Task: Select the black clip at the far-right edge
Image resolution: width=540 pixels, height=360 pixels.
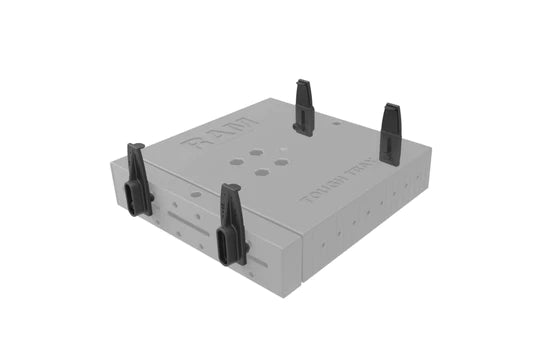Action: point(391,134)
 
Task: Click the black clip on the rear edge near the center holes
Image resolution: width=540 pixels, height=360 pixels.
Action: point(305,108)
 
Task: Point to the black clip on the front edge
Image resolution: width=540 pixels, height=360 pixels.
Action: point(233,225)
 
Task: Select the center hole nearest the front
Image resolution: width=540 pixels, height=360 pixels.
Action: point(262,172)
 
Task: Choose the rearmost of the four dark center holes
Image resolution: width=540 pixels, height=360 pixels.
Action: point(258,152)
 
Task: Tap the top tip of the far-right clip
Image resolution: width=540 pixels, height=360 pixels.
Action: point(392,106)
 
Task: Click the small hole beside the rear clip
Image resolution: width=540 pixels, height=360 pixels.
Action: point(336,123)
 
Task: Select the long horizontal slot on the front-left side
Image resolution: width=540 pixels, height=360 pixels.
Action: point(187,217)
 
